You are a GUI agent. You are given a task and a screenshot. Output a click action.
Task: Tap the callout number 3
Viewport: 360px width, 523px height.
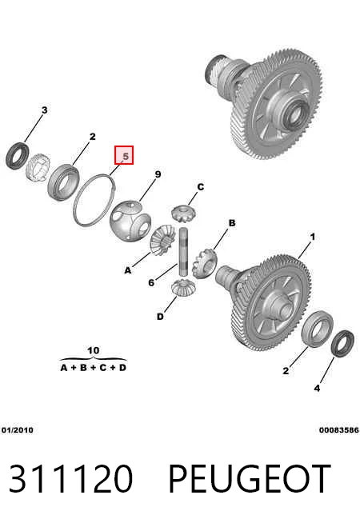44,110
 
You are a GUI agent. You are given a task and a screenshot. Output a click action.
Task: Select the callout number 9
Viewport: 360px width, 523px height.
158,174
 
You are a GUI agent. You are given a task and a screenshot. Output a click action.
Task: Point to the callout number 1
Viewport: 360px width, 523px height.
312,237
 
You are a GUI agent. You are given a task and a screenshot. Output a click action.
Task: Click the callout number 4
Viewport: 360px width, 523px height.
317,388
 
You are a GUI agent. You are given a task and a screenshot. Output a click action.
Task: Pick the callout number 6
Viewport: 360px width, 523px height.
151,282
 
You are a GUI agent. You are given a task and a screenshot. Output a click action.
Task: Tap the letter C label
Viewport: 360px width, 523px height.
200,187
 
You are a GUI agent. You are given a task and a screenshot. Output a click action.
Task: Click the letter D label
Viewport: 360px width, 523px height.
160,316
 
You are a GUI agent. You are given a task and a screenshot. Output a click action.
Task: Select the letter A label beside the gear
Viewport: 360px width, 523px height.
128,270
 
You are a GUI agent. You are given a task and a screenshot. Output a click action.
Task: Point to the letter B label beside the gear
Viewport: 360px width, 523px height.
232,223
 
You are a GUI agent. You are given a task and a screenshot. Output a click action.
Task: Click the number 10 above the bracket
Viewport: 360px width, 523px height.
93,350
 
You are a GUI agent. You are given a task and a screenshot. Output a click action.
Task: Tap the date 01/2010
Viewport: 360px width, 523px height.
18,430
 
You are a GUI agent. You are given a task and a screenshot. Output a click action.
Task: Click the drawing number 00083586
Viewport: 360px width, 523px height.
338,430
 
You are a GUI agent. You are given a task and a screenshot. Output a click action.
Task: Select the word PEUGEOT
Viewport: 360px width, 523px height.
250,479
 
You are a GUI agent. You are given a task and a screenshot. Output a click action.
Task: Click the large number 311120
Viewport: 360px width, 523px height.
70,479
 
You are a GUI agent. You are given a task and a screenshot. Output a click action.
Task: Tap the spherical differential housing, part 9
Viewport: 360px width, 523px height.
130,220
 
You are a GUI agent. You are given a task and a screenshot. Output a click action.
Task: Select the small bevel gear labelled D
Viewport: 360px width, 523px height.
183,288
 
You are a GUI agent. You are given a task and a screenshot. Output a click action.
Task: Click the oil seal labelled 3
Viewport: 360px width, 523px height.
18,156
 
